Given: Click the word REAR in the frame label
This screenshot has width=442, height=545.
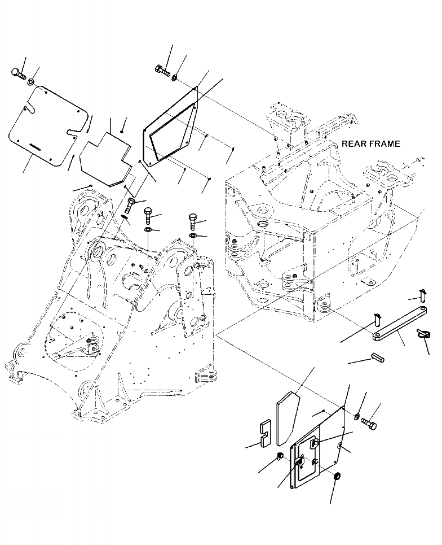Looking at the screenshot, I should click(x=353, y=144).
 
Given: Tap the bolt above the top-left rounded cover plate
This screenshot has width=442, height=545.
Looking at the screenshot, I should click(x=17, y=73).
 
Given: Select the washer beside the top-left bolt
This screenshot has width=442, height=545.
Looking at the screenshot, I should click(x=32, y=82).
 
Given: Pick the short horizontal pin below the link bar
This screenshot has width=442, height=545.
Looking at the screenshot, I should click(x=377, y=357).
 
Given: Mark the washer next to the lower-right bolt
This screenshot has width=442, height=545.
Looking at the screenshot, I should click(x=358, y=417).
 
